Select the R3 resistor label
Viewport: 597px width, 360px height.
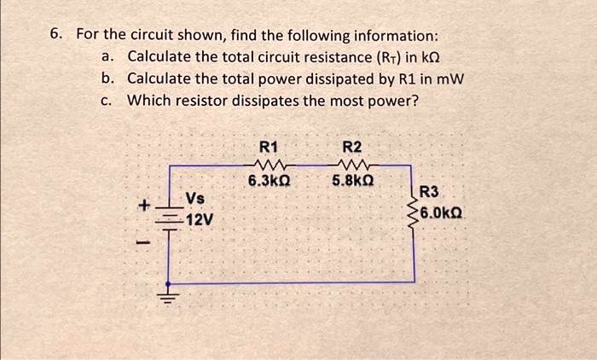click(x=432, y=193)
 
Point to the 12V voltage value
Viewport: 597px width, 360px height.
click(x=199, y=220)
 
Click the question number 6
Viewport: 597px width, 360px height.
click(x=55, y=35)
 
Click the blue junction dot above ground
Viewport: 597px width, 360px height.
click(x=169, y=282)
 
